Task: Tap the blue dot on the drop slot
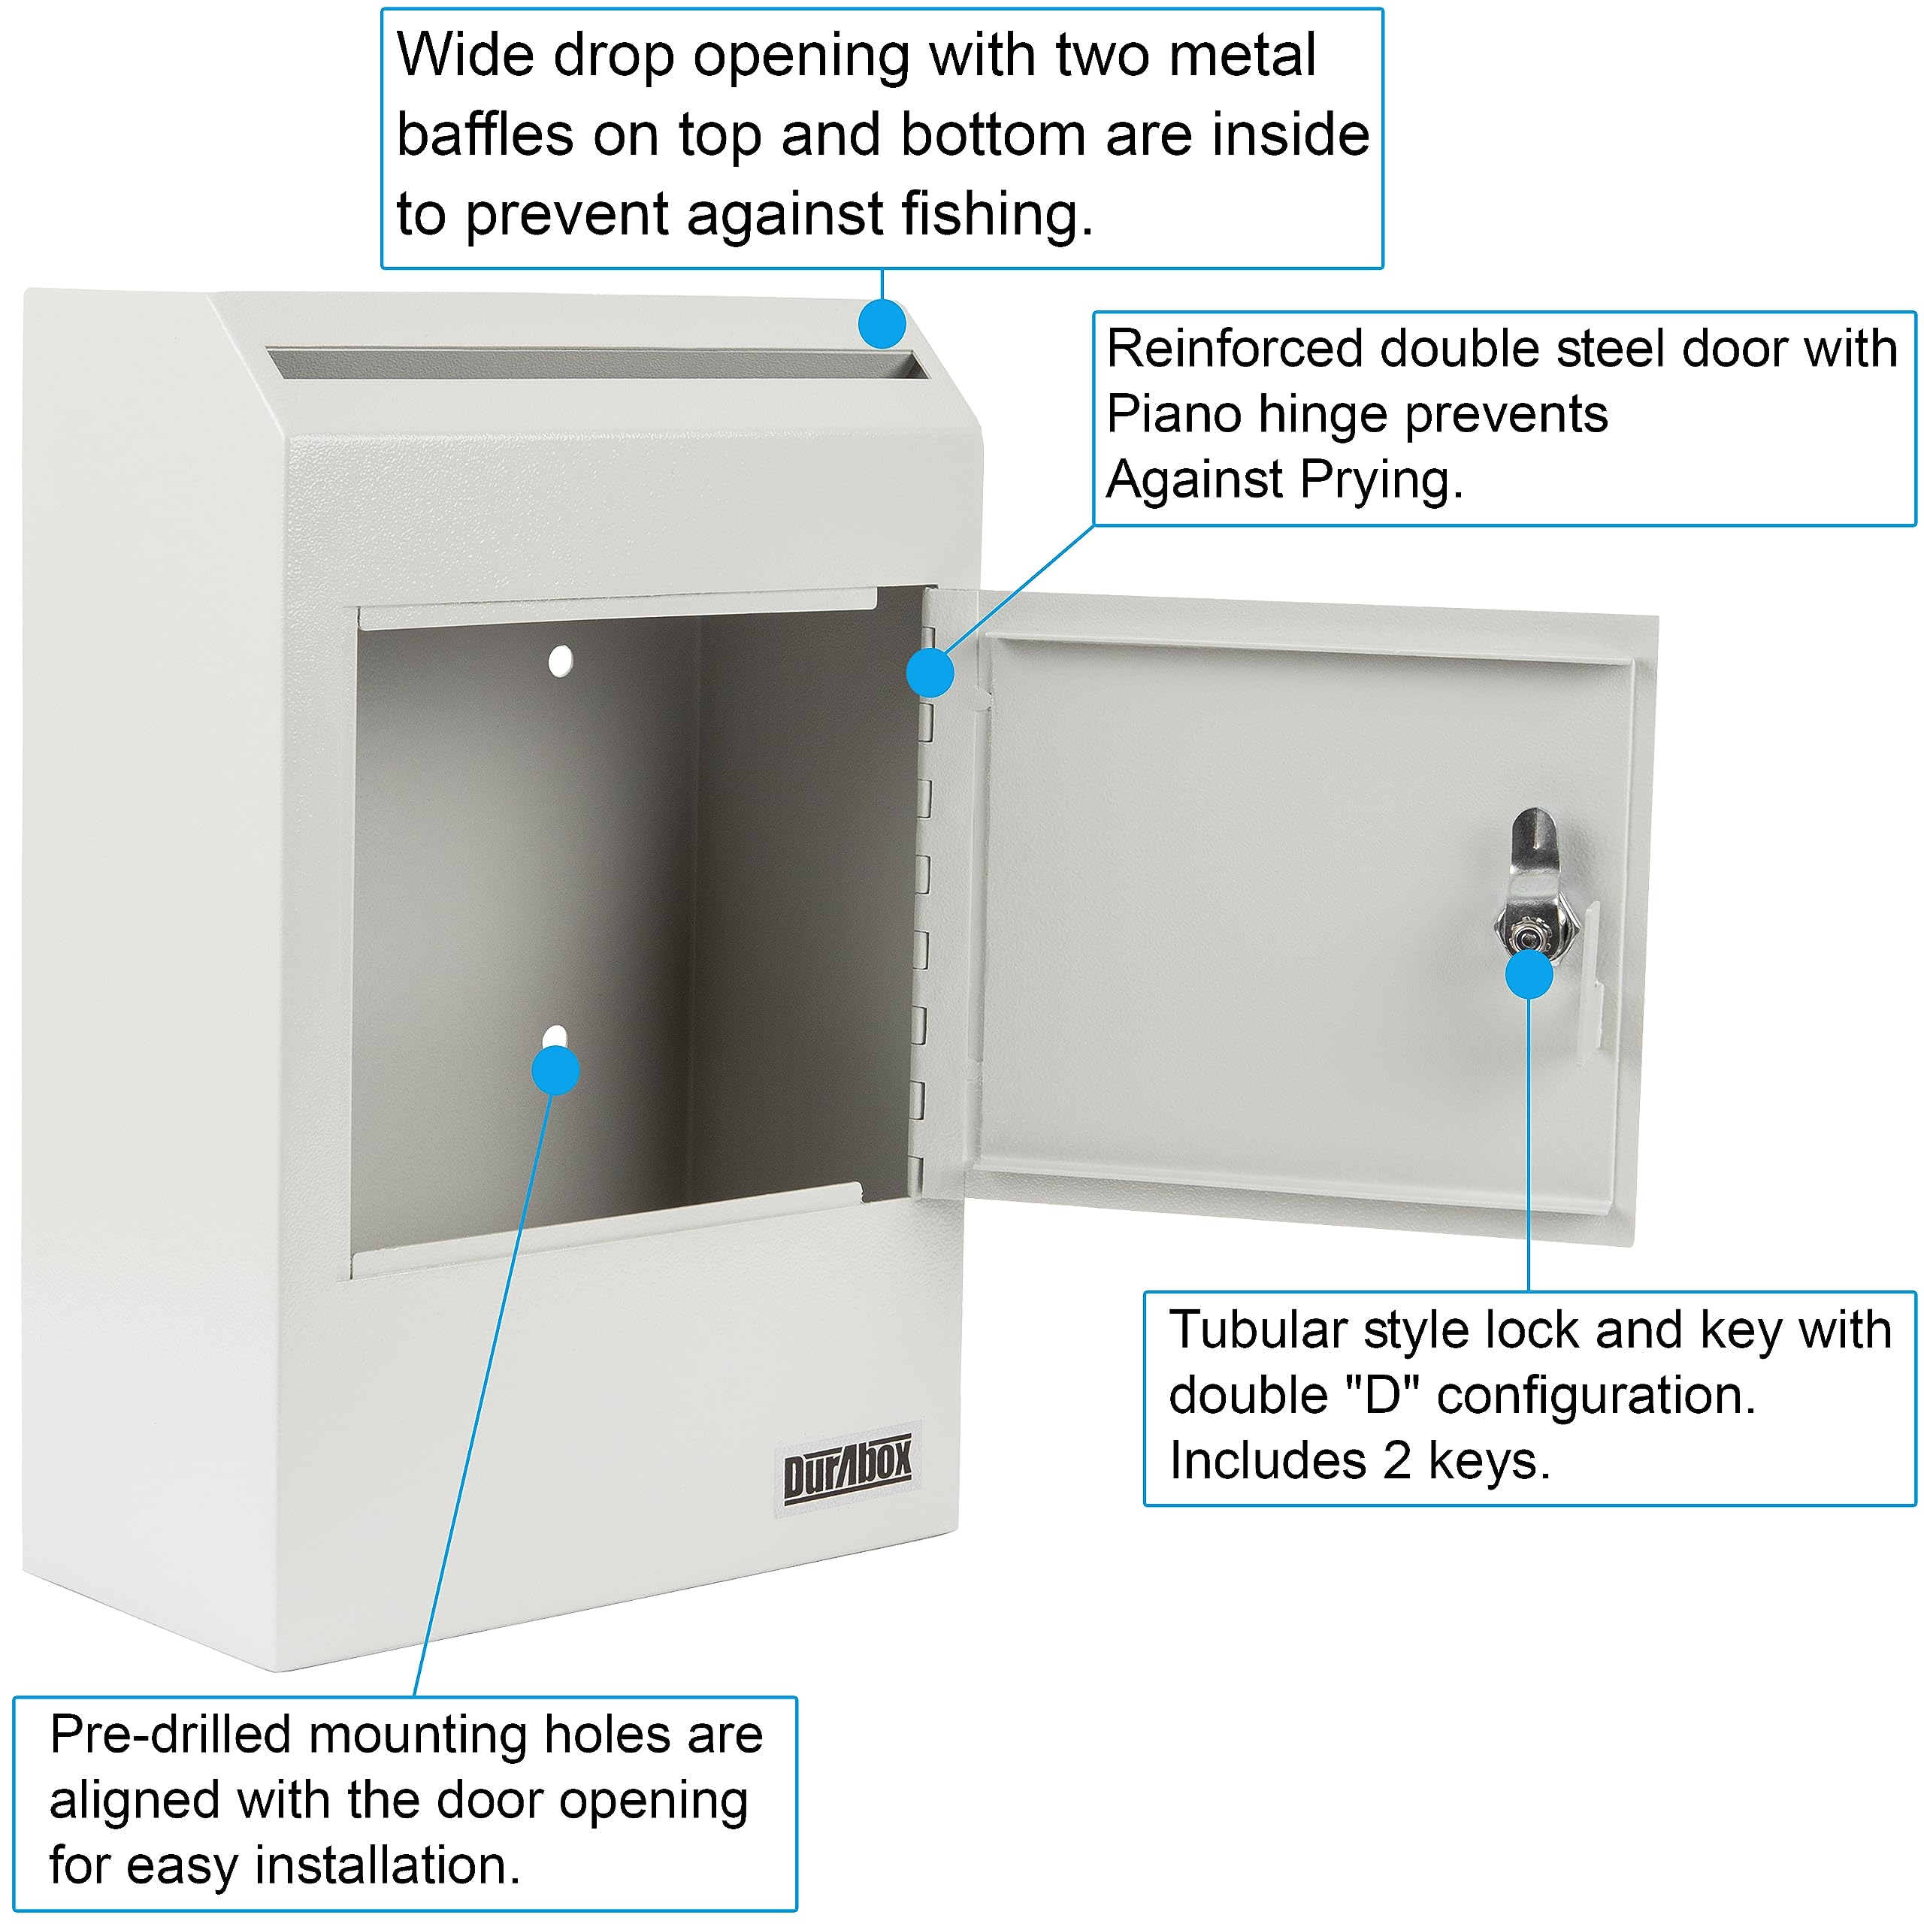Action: [882, 324]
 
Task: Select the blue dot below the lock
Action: [1529, 974]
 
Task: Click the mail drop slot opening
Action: [597, 362]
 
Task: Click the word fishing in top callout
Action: [996, 214]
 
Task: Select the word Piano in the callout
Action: [1173, 414]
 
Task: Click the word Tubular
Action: [1257, 1330]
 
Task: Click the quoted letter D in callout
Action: [1382, 1395]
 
